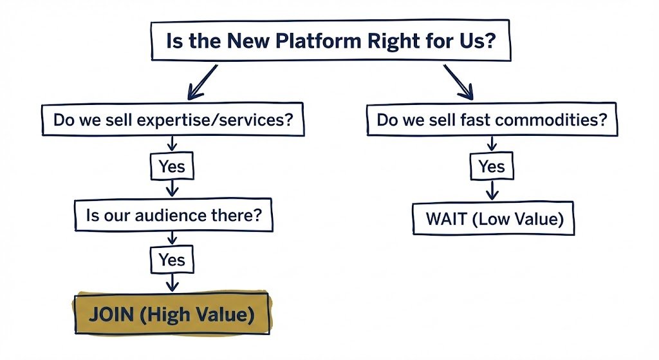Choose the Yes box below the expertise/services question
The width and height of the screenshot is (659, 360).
click(x=172, y=167)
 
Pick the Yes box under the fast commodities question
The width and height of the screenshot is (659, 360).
click(x=492, y=167)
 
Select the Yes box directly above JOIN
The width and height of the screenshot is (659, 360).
click(x=172, y=260)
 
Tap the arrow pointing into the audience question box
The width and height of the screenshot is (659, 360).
click(x=172, y=189)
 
